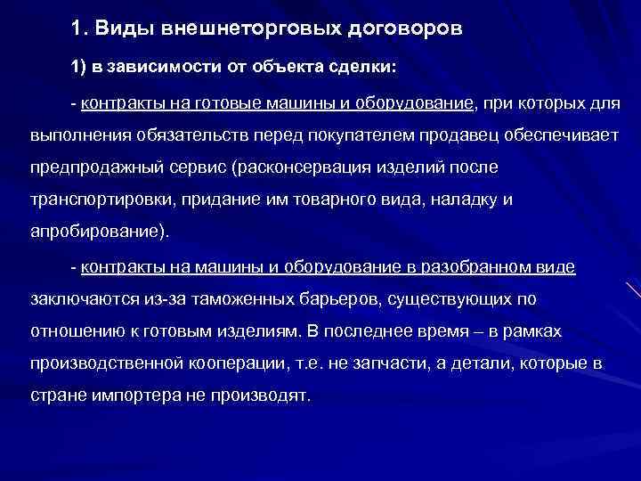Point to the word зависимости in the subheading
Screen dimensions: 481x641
point(146,69)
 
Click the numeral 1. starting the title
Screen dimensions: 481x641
point(78,29)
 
